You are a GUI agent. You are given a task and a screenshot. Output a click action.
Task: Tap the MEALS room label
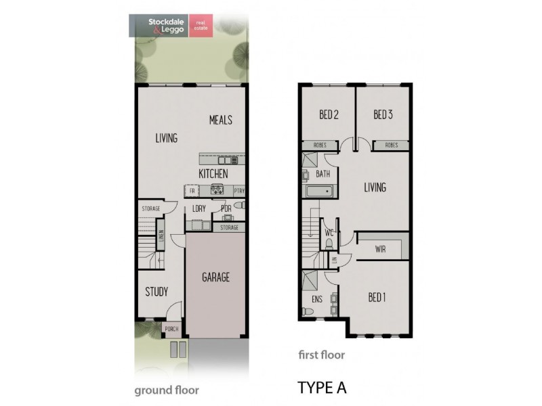pyautogui.click(x=221, y=120)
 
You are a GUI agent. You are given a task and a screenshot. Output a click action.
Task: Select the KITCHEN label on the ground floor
pyautogui.click(x=213, y=174)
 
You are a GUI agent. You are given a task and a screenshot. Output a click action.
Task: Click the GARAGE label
pyautogui.click(x=215, y=277)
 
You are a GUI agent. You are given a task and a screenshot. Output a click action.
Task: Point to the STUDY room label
pyautogui.click(x=157, y=292)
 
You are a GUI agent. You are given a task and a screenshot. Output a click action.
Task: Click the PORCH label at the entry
pyautogui.click(x=172, y=330)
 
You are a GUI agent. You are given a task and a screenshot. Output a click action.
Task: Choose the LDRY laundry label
pyautogui.click(x=199, y=209)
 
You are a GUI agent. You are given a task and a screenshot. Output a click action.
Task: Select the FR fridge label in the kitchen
pyautogui.click(x=192, y=191)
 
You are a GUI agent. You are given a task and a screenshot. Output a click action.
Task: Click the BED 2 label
pyautogui.click(x=329, y=115)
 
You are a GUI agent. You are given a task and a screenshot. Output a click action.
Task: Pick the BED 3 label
pyautogui.click(x=383, y=115)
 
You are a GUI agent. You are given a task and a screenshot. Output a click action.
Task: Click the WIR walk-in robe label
pyautogui.click(x=380, y=250)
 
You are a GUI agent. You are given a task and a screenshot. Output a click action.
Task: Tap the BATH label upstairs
pyautogui.click(x=323, y=175)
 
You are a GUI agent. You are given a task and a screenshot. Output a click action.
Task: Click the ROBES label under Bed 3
pyautogui.click(x=391, y=145)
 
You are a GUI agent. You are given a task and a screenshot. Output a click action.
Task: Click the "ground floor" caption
pyautogui.click(x=166, y=390)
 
